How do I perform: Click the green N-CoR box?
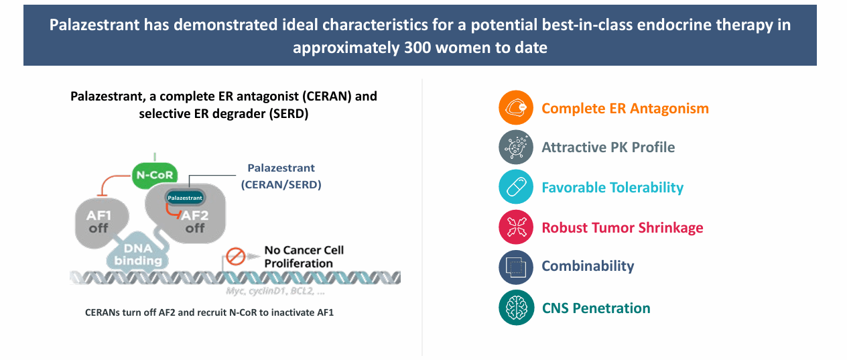pos(155,175)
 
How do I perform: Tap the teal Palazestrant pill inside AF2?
pos(185,198)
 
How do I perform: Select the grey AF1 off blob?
pos(100,223)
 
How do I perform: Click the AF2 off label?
pos(195,222)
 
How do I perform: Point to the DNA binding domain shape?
pos(138,254)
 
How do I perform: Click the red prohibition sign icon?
pos(236,256)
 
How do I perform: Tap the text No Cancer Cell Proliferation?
pos(304,257)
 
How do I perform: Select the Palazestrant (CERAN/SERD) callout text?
pos(281,176)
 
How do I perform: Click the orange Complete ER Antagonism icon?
pos(516,108)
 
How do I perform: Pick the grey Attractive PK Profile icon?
pos(516,147)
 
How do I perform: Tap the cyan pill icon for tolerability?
pos(516,187)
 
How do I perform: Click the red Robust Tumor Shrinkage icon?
pos(516,227)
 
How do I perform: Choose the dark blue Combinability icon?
pos(516,267)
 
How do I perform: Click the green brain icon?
pos(516,308)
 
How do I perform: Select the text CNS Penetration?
pos(596,308)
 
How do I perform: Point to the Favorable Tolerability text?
pos(612,188)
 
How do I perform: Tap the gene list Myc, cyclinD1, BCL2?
pos(275,291)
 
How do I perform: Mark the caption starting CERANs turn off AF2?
pos(209,312)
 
